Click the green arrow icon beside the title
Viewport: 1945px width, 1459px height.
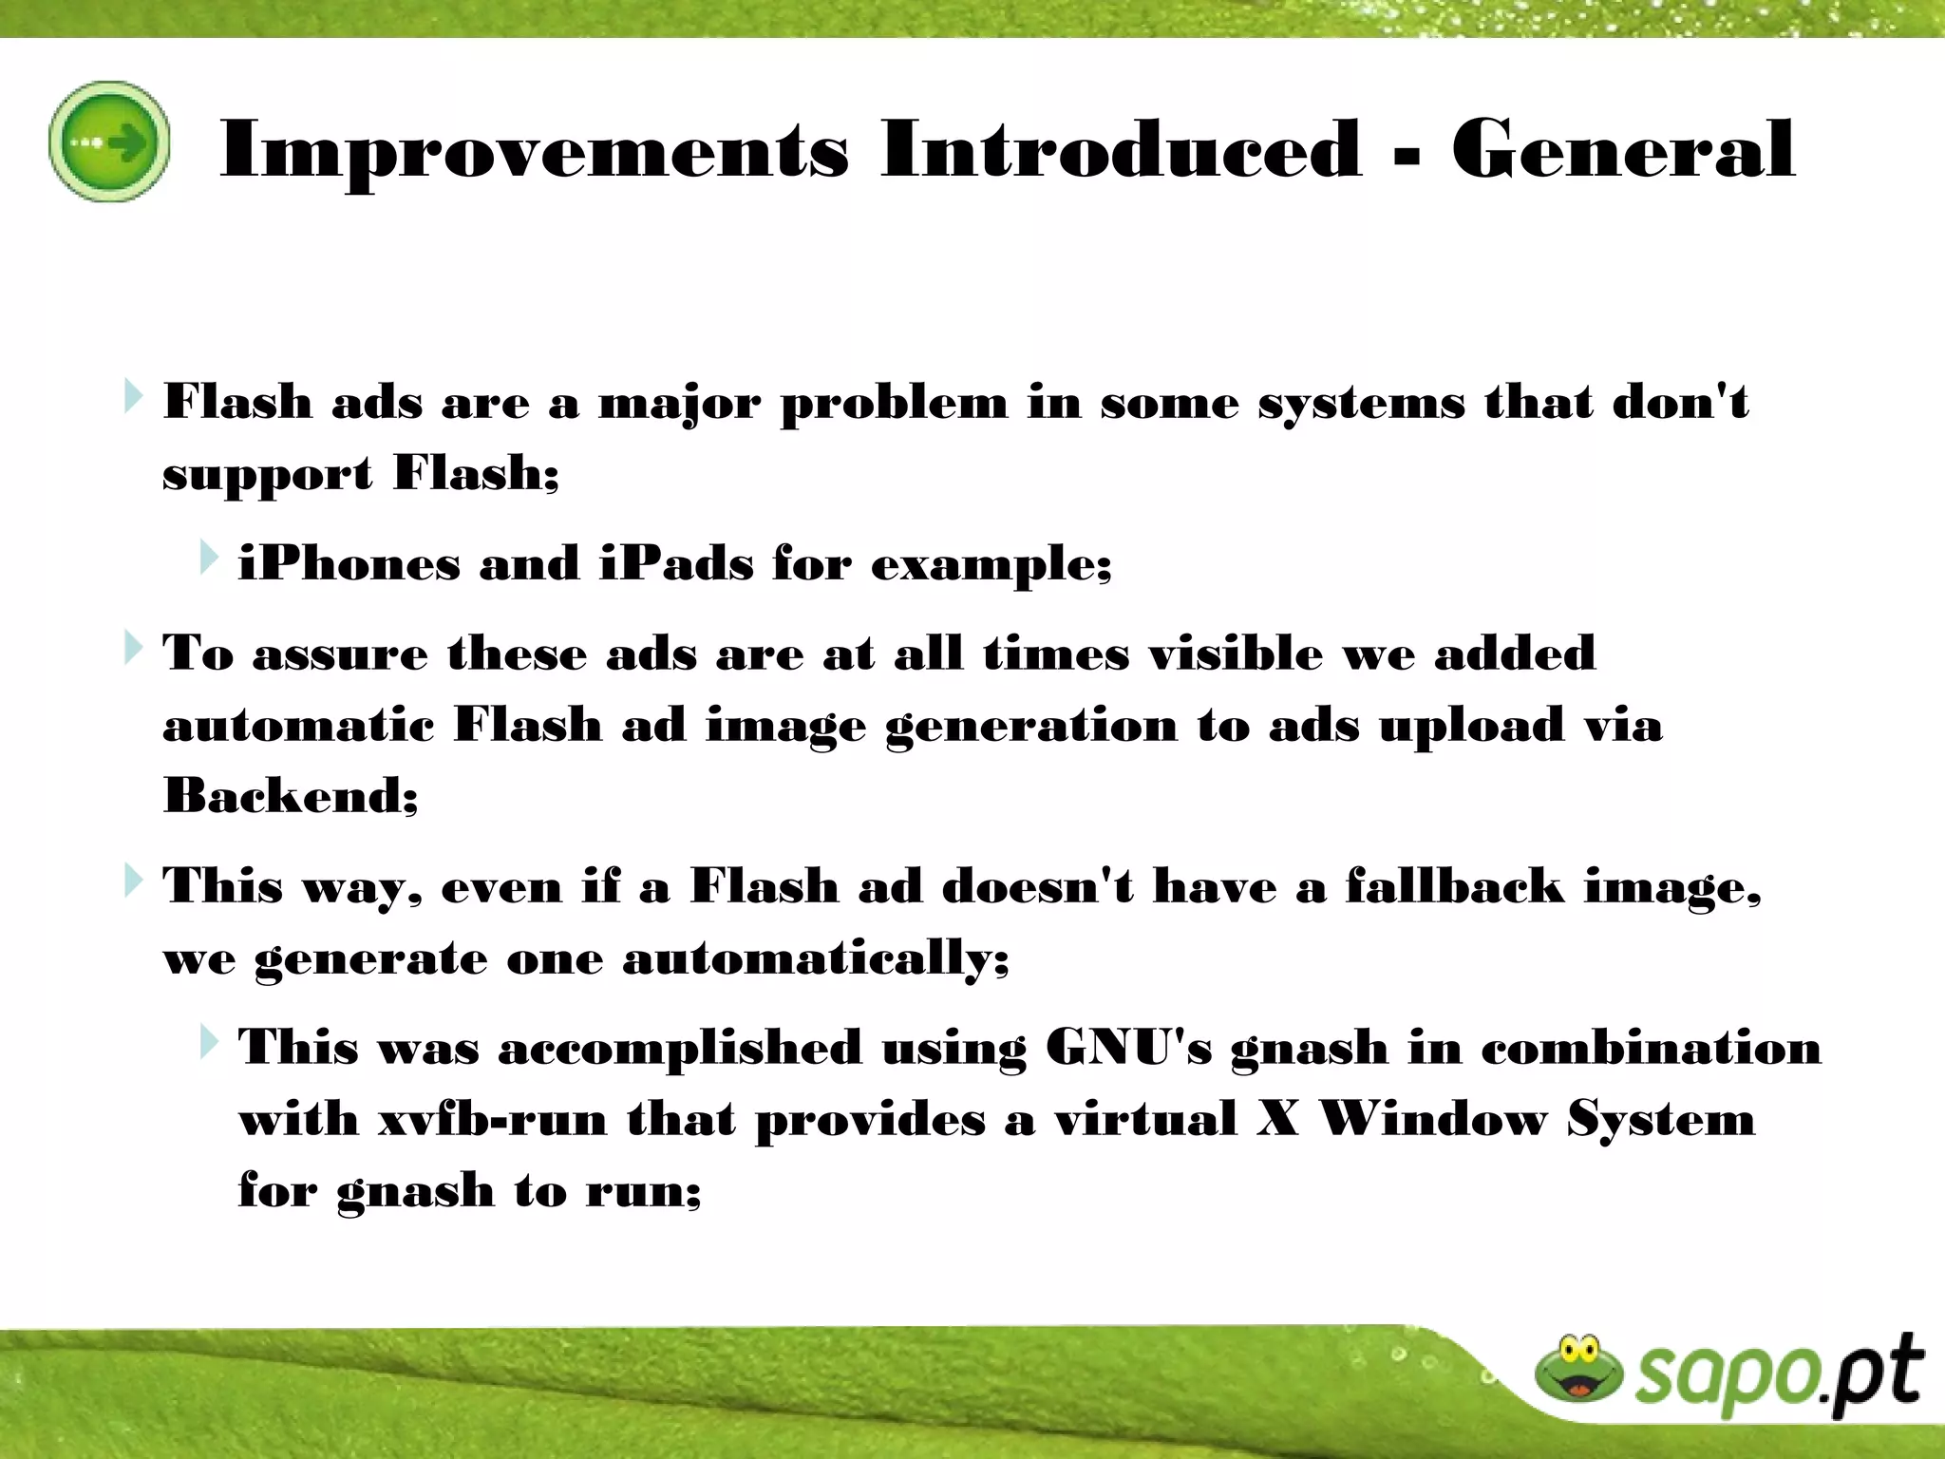tap(109, 142)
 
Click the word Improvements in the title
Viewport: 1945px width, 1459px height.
tap(534, 150)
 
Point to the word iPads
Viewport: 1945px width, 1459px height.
tap(677, 563)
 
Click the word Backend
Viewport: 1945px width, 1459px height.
tap(290, 795)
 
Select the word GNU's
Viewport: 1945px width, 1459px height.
tap(1128, 1049)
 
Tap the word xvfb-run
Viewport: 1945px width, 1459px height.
tap(492, 1120)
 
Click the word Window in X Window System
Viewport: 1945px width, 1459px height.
tap(1434, 1118)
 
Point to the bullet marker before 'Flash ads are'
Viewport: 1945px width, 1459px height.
tap(133, 397)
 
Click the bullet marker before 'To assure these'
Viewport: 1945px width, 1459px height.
tap(133, 649)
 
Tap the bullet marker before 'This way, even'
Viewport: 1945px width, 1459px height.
tap(133, 881)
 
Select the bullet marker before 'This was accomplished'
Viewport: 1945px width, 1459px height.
tap(209, 1042)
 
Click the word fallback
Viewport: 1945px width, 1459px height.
tap(1454, 886)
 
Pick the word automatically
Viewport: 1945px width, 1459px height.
tap(815, 958)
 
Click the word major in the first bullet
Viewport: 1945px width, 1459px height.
tap(679, 404)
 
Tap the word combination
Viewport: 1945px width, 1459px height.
tap(1651, 1049)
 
